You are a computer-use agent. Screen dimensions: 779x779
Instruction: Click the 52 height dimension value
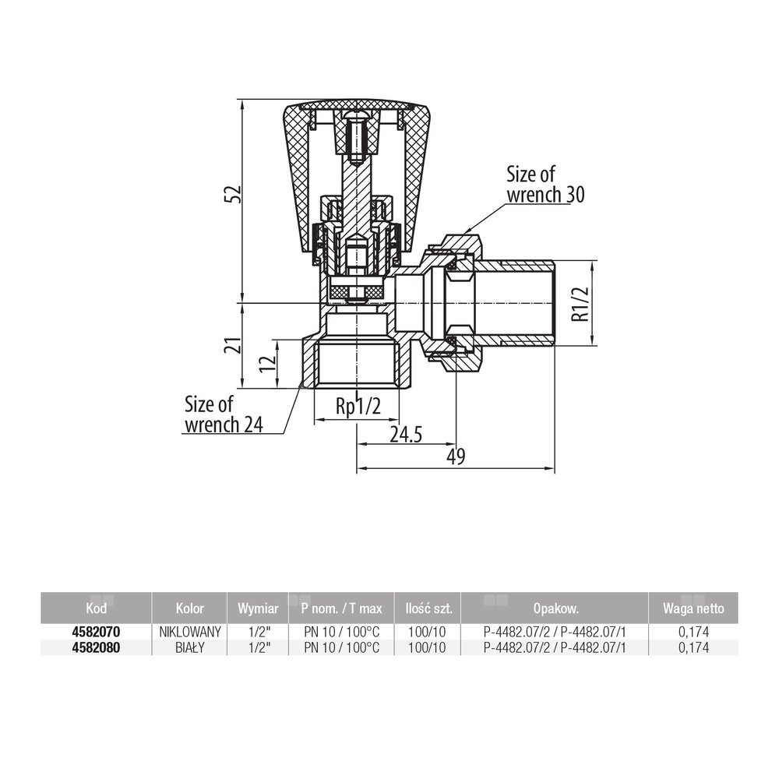click(232, 194)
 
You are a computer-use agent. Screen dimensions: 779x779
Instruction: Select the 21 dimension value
click(232, 345)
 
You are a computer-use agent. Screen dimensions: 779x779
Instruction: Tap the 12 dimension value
click(267, 364)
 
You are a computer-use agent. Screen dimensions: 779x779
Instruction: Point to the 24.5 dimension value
click(406, 435)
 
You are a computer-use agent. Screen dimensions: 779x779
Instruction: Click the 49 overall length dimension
click(456, 456)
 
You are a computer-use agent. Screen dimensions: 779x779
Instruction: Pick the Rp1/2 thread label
click(358, 407)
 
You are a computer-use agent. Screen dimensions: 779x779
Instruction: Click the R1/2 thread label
click(580, 304)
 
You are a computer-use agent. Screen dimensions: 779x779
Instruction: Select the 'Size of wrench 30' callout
click(545, 185)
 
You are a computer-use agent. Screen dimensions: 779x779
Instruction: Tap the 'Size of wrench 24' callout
click(224, 415)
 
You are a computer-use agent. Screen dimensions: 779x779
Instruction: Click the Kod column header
click(96, 608)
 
